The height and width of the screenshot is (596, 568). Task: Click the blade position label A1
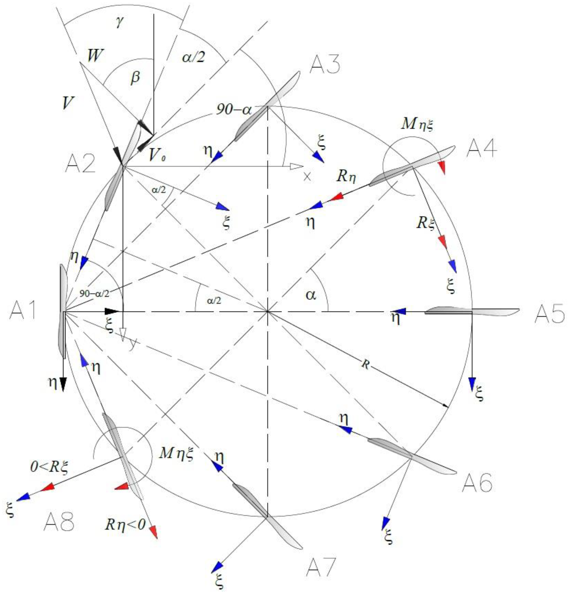point(23,311)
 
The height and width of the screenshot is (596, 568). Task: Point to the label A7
point(321,567)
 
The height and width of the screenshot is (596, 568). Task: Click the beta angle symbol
point(135,77)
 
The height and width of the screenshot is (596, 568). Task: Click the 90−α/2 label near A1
point(94,293)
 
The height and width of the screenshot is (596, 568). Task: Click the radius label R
point(366,365)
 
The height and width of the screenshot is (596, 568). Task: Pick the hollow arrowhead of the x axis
point(296,166)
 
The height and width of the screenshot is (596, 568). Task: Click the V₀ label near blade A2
point(157,156)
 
